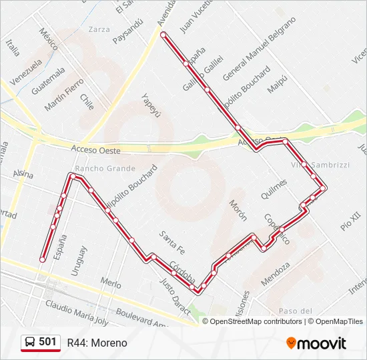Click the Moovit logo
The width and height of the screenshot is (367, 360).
point(316,343)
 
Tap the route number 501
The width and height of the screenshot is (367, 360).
point(47,342)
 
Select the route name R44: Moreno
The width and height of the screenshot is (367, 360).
point(97,343)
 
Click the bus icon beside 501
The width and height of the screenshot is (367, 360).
point(30,343)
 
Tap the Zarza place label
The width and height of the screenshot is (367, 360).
point(98,29)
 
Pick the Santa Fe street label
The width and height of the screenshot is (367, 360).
point(171,242)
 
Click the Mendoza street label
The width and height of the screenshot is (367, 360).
point(276,274)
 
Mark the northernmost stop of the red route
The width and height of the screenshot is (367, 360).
point(163,33)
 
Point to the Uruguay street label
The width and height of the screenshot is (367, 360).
point(79,261)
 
